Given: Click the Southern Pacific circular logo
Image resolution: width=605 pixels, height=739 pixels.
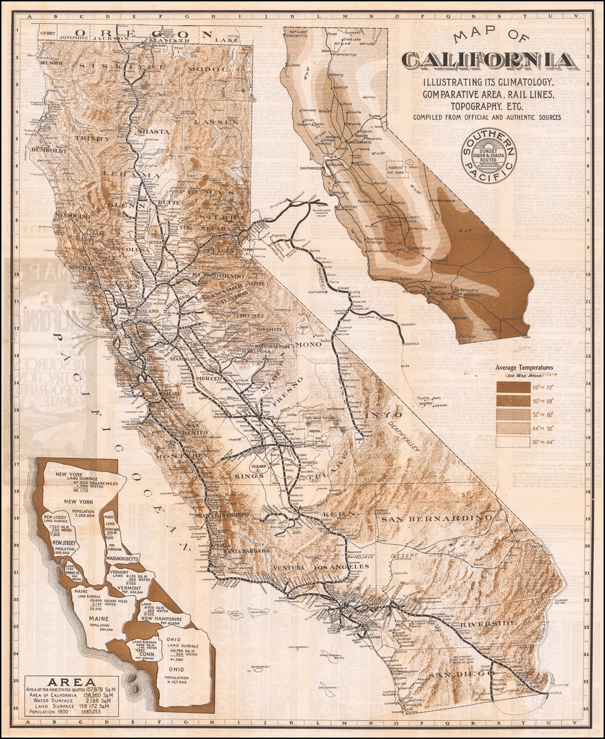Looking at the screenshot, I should point(489,156).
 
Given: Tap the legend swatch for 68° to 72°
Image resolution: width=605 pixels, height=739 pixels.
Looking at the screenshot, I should point(513,387).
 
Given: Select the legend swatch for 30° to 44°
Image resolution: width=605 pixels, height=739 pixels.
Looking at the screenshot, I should point(513,441).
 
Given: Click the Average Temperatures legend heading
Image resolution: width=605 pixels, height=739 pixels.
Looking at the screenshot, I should point(524,367).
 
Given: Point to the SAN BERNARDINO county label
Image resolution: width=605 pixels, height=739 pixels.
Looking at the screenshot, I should point(436,519).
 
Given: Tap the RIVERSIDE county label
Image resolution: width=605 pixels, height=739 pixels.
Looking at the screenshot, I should point(488,624).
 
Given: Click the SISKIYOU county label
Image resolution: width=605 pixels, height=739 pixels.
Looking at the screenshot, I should point(122,66).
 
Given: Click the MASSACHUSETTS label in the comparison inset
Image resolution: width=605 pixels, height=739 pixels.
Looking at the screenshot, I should point(122,557).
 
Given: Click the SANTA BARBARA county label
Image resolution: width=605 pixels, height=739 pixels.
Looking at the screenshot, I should point(247,551).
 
